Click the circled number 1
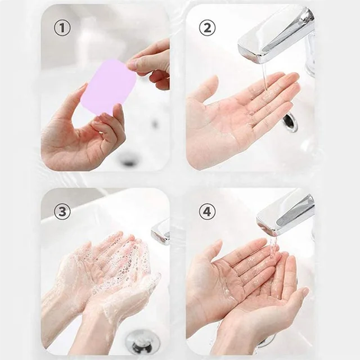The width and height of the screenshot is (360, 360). click(x=62, y=28)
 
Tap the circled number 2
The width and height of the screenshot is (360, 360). click(x=207, y=28)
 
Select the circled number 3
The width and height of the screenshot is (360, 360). click(x=62, y=211)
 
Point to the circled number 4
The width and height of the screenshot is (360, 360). click(x=207, y=211)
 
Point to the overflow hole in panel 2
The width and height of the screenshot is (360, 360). click(x=290, y=122)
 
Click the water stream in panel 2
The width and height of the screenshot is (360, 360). click(x=264, y=76)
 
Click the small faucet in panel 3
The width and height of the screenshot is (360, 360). click(x=161, y=231)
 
